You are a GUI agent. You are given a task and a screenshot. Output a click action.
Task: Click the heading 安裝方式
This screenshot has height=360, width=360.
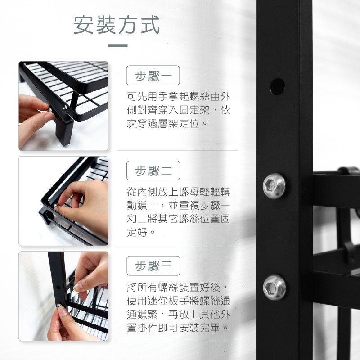click(x=117, y=25)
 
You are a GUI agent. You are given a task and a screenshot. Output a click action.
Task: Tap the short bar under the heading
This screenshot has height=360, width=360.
click(x=118, y=45)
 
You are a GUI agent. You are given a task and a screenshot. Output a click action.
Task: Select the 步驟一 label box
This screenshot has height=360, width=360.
click(x=153, y=76)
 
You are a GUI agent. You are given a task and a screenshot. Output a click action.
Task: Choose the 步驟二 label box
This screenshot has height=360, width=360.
click(x=153, y=171)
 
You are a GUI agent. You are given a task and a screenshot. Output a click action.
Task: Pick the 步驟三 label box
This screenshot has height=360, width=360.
click(x=153, y=265)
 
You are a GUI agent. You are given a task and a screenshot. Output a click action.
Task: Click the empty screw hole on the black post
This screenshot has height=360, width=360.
click(x=277, y=86)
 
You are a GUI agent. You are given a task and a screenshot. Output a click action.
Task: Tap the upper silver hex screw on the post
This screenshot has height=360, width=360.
click(x=274, y=186)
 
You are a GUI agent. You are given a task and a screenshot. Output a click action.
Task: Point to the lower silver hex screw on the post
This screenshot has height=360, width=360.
click(x=274, y=288)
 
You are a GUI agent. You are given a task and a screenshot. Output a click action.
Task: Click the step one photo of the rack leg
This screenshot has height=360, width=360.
click(x=63, y=106)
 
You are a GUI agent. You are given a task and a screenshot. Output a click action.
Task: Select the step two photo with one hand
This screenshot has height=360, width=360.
click(x=63, y=201)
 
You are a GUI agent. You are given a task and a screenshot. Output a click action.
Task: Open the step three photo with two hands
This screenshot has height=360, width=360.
click(x=63, y=296)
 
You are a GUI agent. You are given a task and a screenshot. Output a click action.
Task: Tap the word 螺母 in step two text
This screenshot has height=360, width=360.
click(x=189, y=192)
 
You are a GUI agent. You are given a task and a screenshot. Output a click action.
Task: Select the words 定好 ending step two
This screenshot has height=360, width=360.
click(x=137, y=232)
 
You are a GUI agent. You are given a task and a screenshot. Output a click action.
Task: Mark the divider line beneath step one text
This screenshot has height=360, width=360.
click(x=177, y=151)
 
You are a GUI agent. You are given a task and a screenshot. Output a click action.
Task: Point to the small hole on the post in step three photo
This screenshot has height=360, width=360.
click(x=58, y=287)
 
